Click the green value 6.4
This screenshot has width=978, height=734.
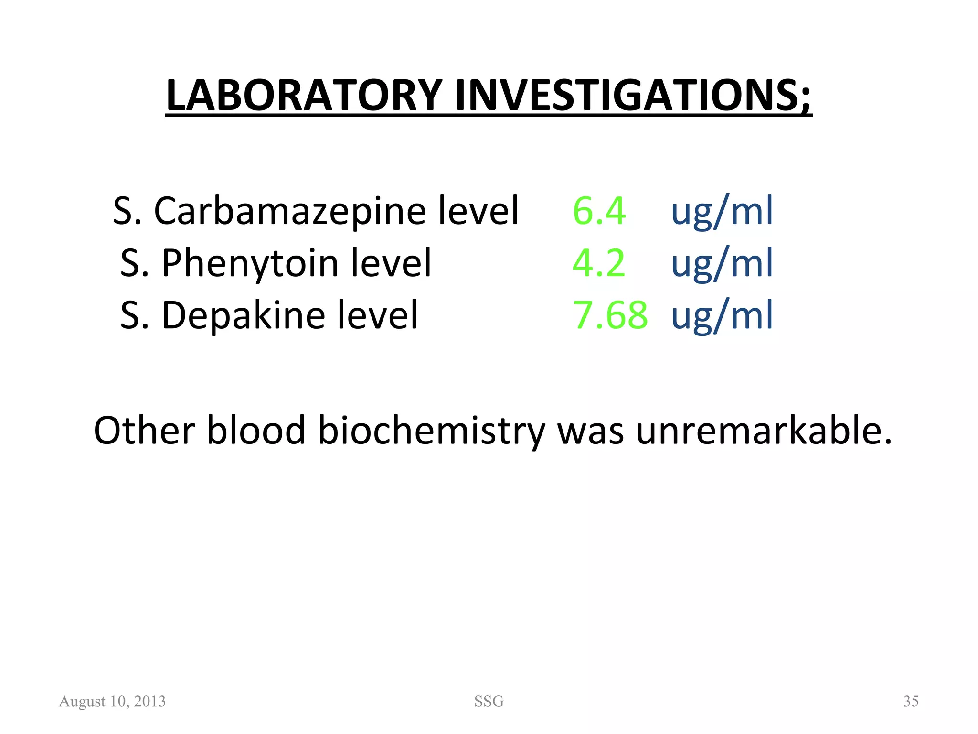(599, 211)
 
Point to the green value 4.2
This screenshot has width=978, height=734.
(598, 263)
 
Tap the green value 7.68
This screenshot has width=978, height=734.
(610, 315)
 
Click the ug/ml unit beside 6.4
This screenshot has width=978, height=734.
(722, 211)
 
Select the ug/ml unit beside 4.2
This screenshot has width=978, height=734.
(722, 263)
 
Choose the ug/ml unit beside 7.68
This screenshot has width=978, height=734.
(722, 315)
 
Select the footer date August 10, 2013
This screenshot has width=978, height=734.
(112, 701)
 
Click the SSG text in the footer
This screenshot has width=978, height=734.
(489, 701)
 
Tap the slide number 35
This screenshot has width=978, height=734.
(911, 701)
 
